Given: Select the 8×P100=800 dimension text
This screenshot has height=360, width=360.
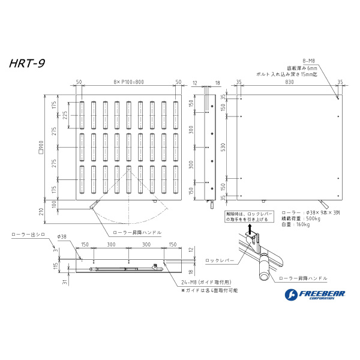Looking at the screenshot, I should (128, 82).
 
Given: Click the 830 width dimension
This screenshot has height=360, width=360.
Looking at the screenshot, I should (289, 82).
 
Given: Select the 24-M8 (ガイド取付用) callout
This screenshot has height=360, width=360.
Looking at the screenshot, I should (202, 282).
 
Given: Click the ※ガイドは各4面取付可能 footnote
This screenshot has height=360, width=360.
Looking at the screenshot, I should (209, 289).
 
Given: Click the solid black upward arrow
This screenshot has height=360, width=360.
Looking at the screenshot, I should (250, 228).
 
